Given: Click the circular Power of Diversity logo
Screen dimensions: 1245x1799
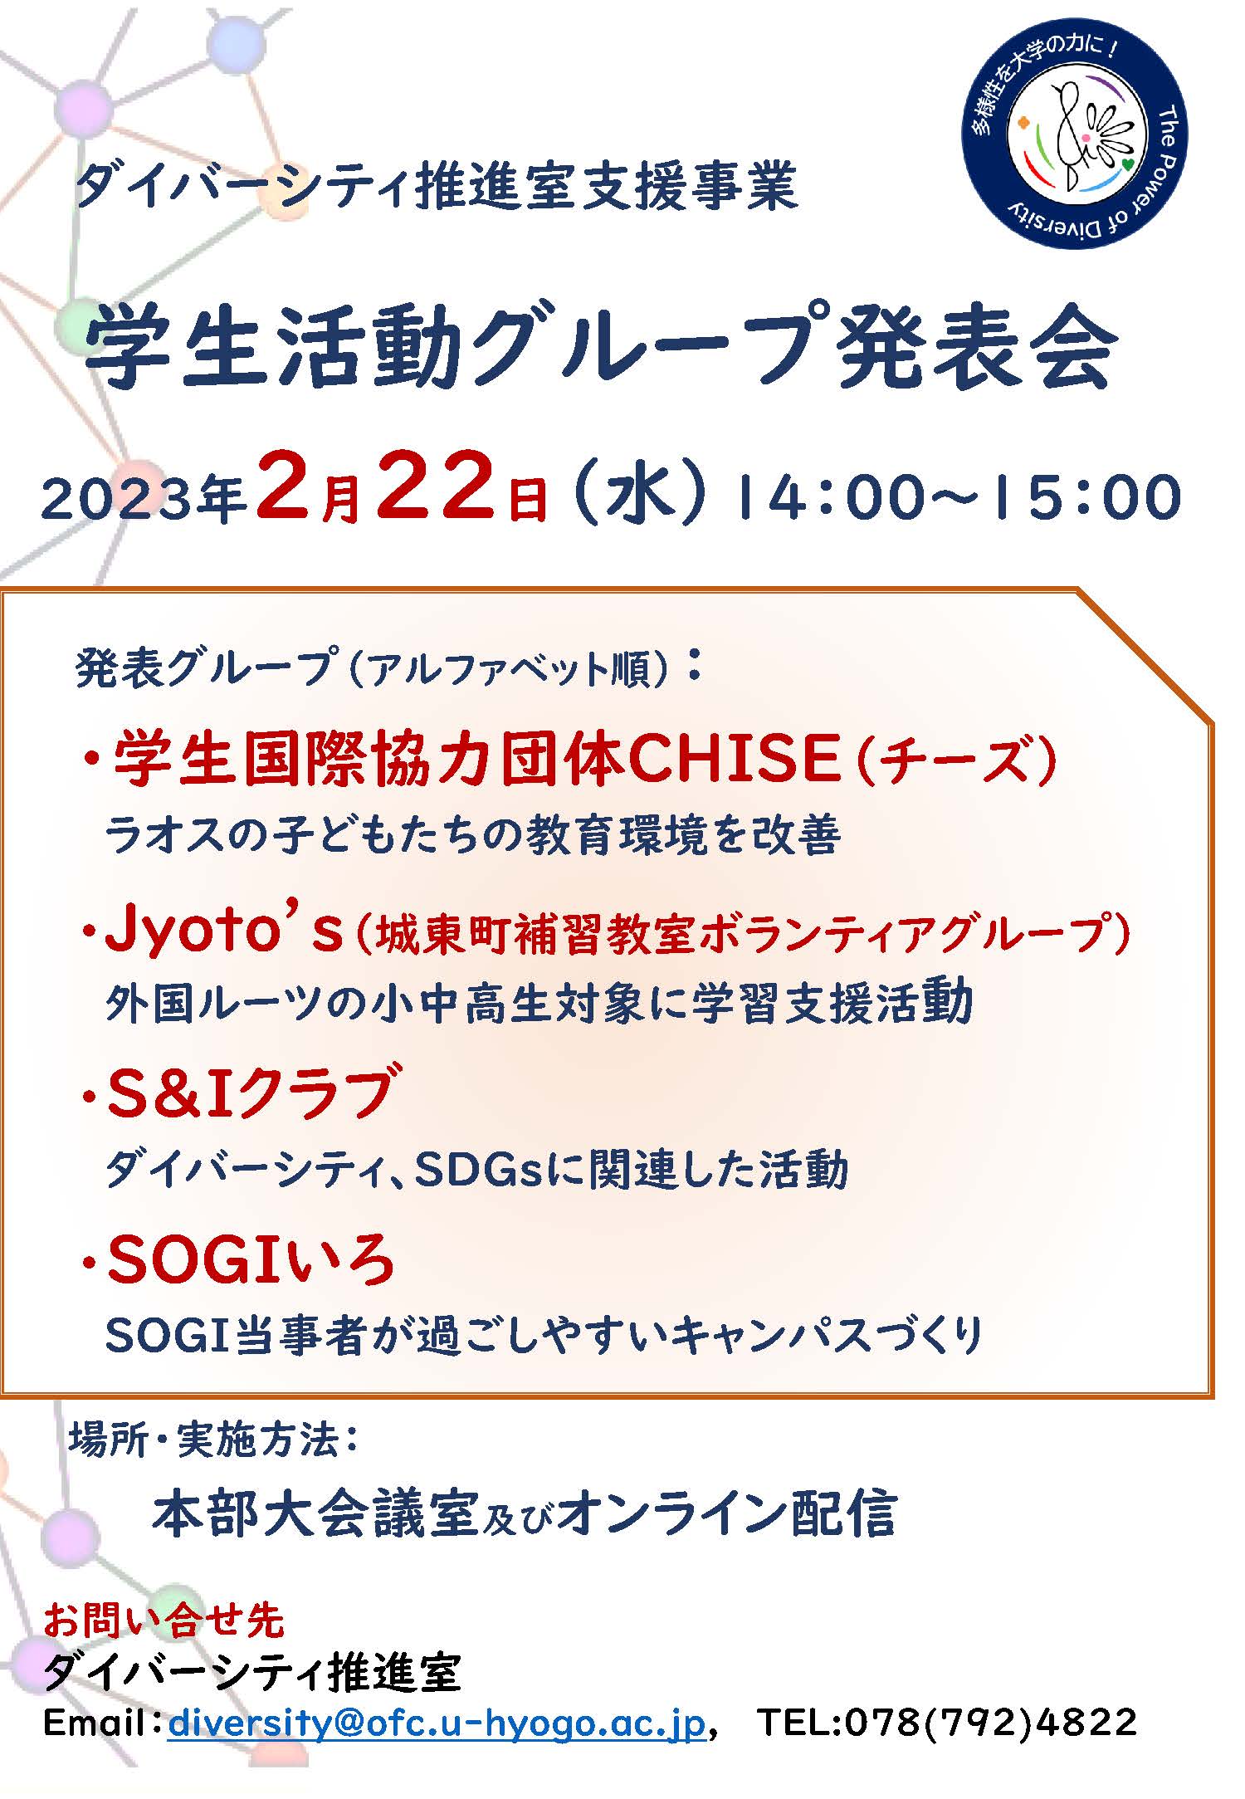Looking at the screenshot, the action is point(1074,135).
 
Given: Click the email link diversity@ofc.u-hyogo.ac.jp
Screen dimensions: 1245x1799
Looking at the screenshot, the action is point(437,1722).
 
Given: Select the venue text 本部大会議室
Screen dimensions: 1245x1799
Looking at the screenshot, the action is point(315,1514).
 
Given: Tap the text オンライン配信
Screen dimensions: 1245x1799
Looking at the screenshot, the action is point(727,1514).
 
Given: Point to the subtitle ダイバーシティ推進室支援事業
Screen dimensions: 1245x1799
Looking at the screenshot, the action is point(437,188).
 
